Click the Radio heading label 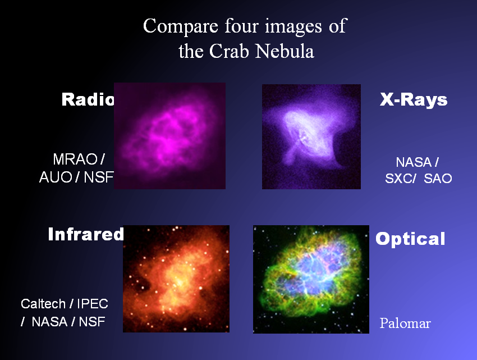click(x=88, y=100)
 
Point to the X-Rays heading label click(x=414, y=100)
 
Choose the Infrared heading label click(x=85, y=234)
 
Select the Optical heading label click(x=410, y=239)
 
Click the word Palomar click(x=405, y=324)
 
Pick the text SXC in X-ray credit click(x=400, y=179)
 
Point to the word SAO click(x=438, y=179)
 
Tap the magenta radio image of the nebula click(x=169, y=136)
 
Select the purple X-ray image click(x=311, y=136)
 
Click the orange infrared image click(x=176, y=279)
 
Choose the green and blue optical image click(x=311, y=279)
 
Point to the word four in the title click(x=254, y=26)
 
